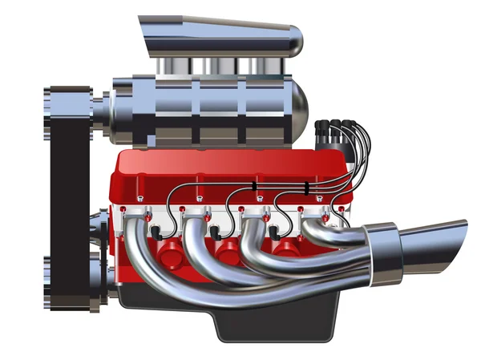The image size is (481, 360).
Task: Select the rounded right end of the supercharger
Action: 295,107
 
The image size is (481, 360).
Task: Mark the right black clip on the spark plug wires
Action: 308,188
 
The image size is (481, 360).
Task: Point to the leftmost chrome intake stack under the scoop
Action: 172,67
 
